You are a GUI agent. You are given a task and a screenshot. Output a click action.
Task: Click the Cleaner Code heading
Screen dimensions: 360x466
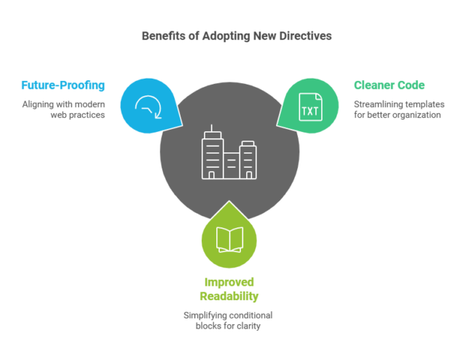pos(390,86)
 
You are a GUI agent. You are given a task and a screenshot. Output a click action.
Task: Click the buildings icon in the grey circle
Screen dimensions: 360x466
pos(229,155)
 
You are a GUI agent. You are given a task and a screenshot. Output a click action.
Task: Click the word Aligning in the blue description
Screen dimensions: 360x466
pos(39,103)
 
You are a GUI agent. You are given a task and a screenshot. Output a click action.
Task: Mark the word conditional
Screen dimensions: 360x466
pos(253,315)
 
